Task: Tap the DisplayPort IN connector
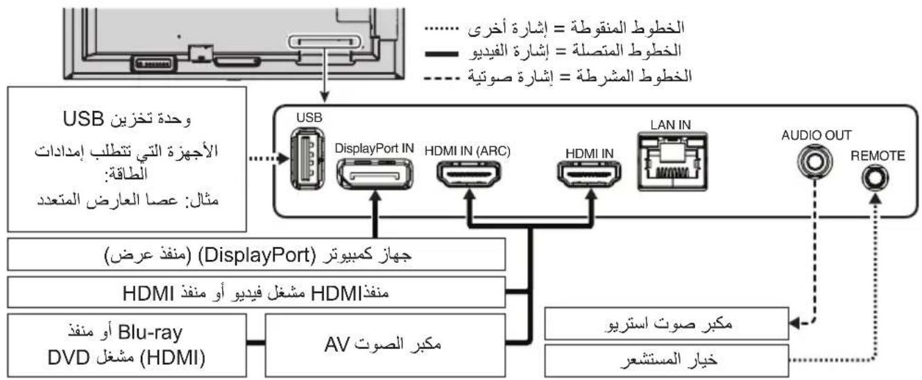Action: (x=375, y=173)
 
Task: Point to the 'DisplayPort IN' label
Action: (x=375, y=148)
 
